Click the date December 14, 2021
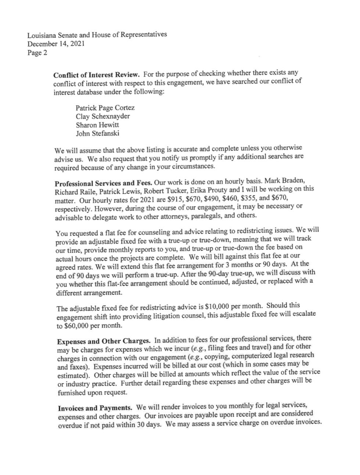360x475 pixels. click(x=56, y=44)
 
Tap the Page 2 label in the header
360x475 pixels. click(x=37, y=53)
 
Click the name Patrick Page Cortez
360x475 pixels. click(x=105, y=108)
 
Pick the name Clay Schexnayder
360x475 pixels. click(x=103, y=116)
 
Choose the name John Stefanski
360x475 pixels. click(x=97, y=133)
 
